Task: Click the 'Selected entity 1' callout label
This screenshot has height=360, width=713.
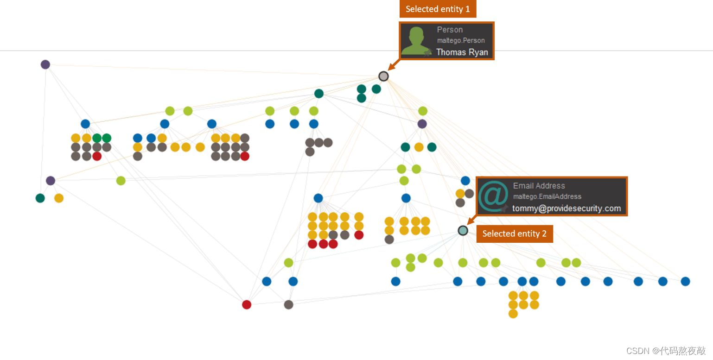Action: [x=438, y=9]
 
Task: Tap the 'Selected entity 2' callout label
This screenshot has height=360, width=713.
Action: [x=515, y=234]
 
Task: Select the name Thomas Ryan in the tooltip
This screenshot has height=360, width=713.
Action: [x=462, y=52]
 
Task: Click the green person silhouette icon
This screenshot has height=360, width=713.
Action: [x=416, y=41]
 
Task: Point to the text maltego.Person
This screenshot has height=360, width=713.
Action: [x=461, y=40]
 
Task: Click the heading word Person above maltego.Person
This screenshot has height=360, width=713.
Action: [x=450, y=30]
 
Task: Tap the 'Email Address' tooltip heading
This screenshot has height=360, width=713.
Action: [x=539, y=185]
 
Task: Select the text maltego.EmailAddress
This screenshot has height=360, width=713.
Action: [x=547, y=196]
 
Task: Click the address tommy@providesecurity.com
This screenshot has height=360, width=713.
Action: [x=567, y=208]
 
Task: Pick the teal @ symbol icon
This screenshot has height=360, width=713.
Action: [x=493, y=196]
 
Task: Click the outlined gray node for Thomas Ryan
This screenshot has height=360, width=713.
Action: [x=383, y=76]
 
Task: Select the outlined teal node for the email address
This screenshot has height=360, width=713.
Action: [x=463, y=230]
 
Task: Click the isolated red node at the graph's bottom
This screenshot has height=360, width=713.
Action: [x=247, y=304]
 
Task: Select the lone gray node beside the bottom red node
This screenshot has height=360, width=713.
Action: [x=288, y=304]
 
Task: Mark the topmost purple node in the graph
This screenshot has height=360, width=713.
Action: [x=45, y=64]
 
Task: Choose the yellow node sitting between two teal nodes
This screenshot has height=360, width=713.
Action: [x=419, y=147]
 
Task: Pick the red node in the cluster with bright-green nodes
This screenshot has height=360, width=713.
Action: [x=97, y=156]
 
